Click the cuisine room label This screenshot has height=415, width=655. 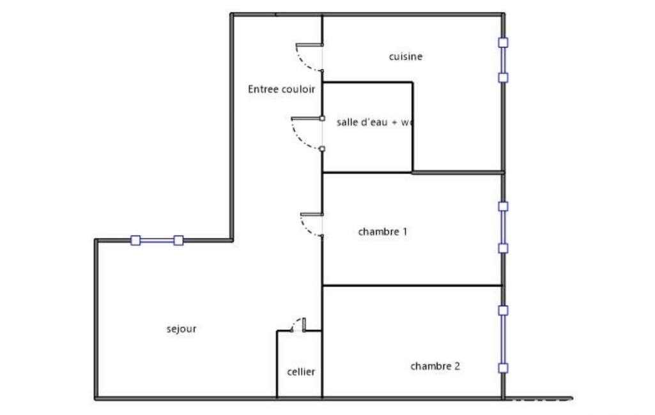coord(406,57)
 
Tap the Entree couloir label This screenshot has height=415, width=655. coord(281,89)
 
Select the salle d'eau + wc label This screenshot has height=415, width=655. coord(374,122)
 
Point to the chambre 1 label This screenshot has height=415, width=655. coord(383,232)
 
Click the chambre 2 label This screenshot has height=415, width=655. coord(435,366)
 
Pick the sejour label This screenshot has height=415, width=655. coord(181,329)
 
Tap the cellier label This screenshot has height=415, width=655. coord(300,372)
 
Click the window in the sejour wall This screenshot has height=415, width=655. coord(157,241)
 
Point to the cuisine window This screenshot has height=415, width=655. coord(504,60)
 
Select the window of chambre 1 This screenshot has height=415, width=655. coord(504,227)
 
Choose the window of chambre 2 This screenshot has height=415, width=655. coord(504,339)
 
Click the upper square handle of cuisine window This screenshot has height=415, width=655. coord(504,43)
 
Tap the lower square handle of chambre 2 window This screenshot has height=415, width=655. coord(504,368)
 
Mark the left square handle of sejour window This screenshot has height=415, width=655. coord(135,241)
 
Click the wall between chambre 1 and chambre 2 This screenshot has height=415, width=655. coord(412,285)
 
